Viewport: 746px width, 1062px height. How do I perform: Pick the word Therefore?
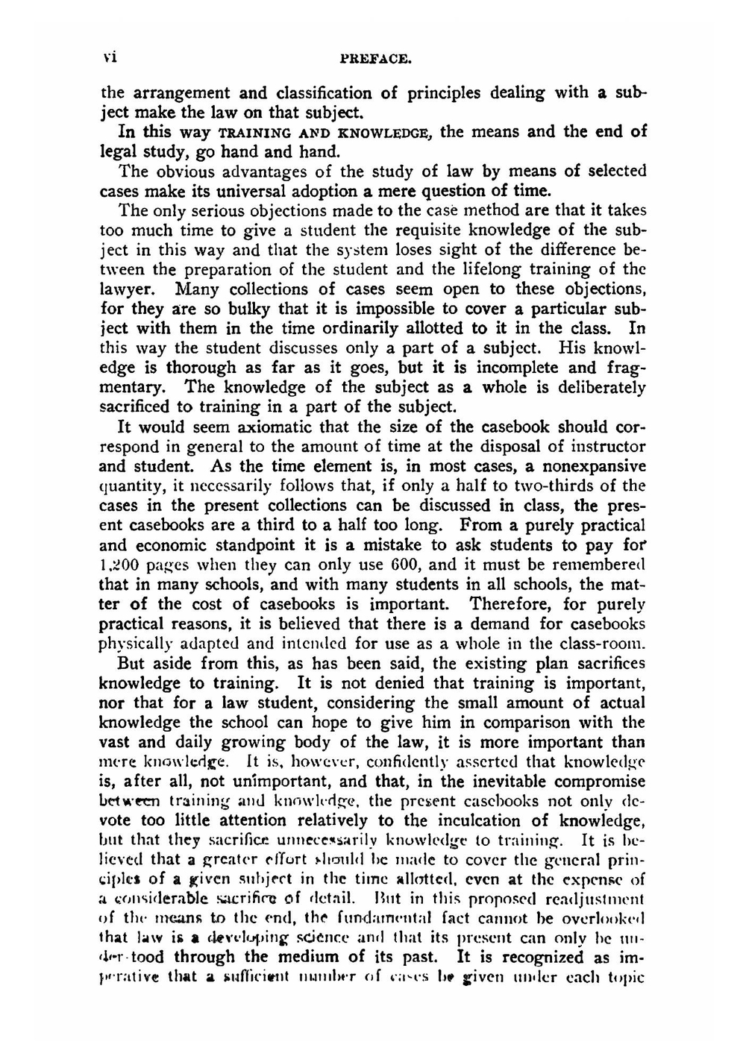tap(513, 604)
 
